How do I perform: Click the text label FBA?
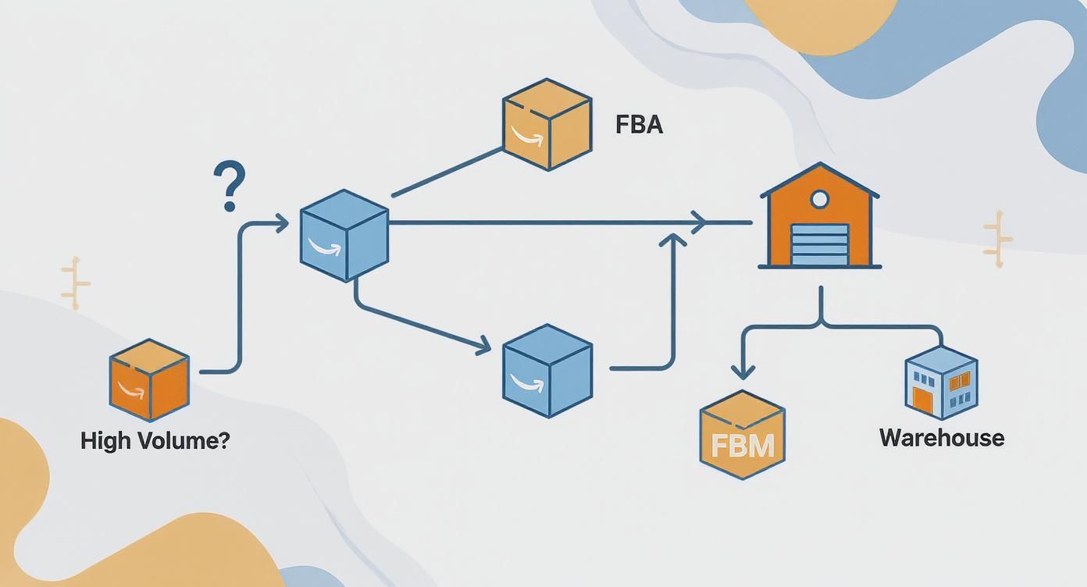click(639, 125)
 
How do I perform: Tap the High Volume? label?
click(155, 440)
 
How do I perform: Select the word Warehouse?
click(941, 437)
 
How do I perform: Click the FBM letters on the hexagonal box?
click(743, 446)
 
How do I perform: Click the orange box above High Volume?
click(148, 380)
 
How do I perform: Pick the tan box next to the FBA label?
click(547, 124)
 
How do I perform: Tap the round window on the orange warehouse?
click(819, 200)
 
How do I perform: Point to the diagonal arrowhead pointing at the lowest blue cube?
click(483, 344)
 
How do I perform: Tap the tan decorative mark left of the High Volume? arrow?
click(75, 283)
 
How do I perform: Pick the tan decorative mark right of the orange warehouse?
click(997, 239)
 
